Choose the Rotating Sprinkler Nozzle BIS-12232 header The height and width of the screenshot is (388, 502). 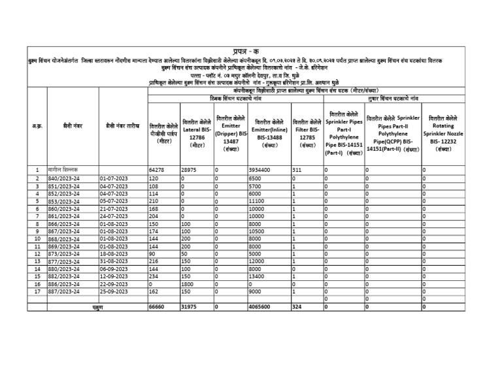(x=443, y=133)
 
